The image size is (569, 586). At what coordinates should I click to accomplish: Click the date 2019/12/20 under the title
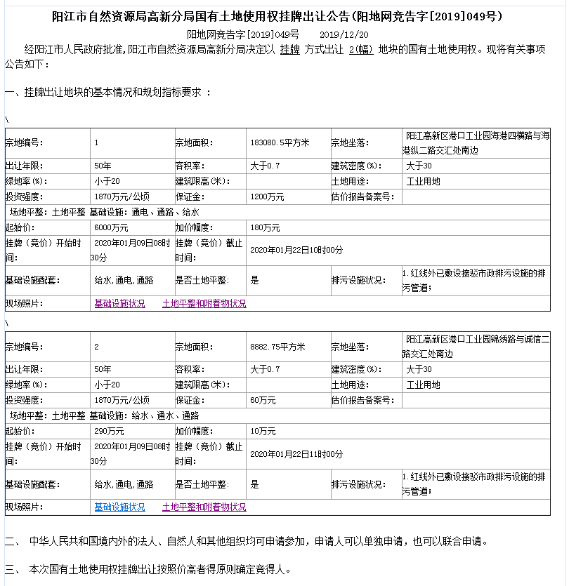click(x=344, y=34)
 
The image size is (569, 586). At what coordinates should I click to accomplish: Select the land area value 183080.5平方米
click(x=280, y=142)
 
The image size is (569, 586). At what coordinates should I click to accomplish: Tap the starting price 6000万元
click(x=111, y=227)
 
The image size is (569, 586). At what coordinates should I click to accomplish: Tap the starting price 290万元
click(x=109, y=431)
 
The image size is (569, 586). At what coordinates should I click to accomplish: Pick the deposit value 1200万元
click(x=267, y=197)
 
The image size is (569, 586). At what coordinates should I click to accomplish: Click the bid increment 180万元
click(x=265, y=227)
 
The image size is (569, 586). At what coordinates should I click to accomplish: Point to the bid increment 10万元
click(x=263, y=431)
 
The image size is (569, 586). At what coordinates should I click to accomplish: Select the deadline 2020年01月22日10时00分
click(x=296, y=250)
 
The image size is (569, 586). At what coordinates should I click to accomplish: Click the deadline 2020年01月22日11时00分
click(x=296, y=454)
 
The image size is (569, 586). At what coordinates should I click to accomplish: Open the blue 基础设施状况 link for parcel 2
click(x=119, y=507)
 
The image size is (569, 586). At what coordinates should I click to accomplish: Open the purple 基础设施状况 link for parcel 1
click(x=119, y=304)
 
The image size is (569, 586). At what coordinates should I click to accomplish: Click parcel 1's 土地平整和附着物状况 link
click(x=204, y=304)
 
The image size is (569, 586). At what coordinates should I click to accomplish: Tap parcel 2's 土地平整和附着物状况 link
click(x=204, y=507)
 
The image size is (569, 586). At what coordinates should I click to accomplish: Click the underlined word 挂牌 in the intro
click(x=289, y=50)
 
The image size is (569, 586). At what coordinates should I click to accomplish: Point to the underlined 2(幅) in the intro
click(x=360, y=50)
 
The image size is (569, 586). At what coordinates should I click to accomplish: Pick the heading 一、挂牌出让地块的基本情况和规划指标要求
click(x=107, y=93)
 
